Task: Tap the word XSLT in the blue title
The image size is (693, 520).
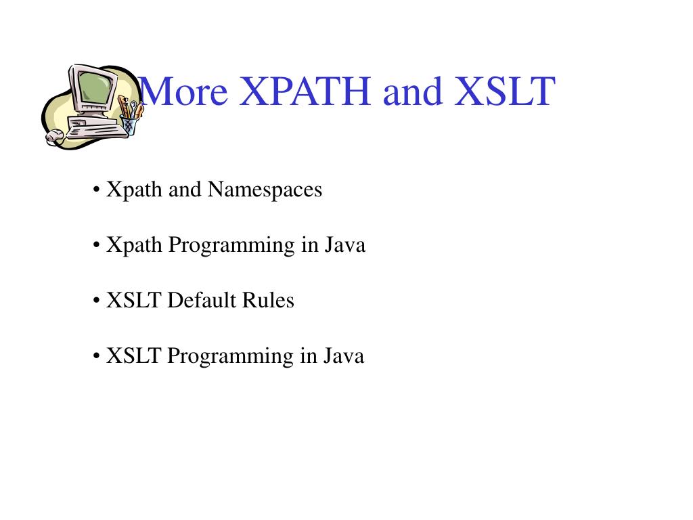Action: [x=505, y=91]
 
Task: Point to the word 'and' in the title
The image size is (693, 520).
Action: [x=411, y=91]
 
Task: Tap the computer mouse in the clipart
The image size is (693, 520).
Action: [x=54, y=137]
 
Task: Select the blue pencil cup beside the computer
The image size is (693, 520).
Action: [x=129, y=126]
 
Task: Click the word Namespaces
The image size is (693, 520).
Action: [x=265, y=190]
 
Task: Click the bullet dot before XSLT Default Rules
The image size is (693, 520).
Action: [x=97, y=301]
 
